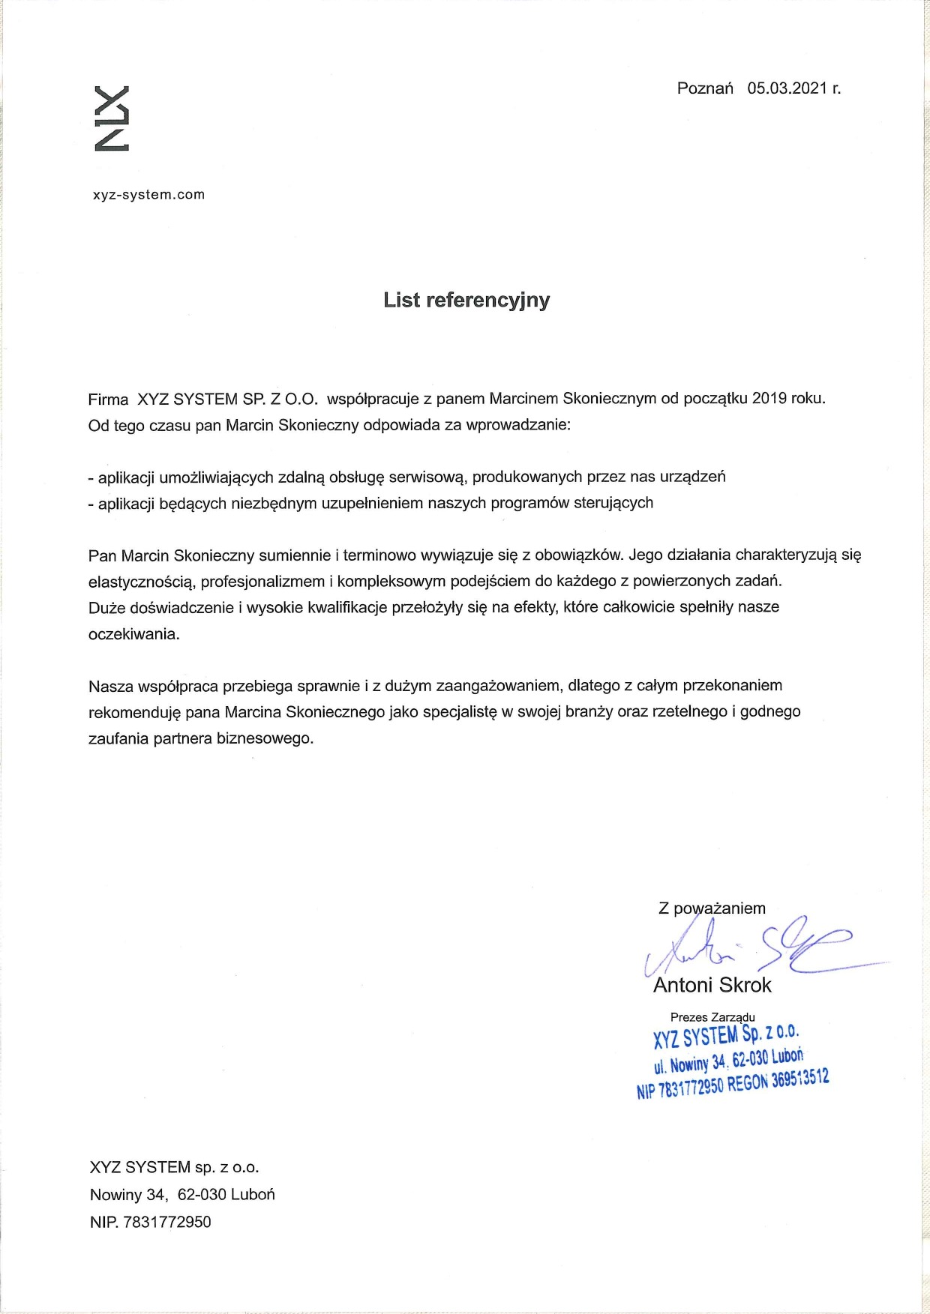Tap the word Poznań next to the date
coord(705,88)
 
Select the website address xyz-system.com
coord(148,195)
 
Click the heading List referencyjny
coord(466,300)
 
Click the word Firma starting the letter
coord(108,399)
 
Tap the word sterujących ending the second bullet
coord(613,503)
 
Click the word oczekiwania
coord(133,634)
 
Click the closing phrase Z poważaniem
coord(712,908)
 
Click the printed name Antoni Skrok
coord(712,985)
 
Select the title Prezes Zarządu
coord(712,1017)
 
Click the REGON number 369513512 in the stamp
coord(800,1080)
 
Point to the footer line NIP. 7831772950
coord(150,1222)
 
